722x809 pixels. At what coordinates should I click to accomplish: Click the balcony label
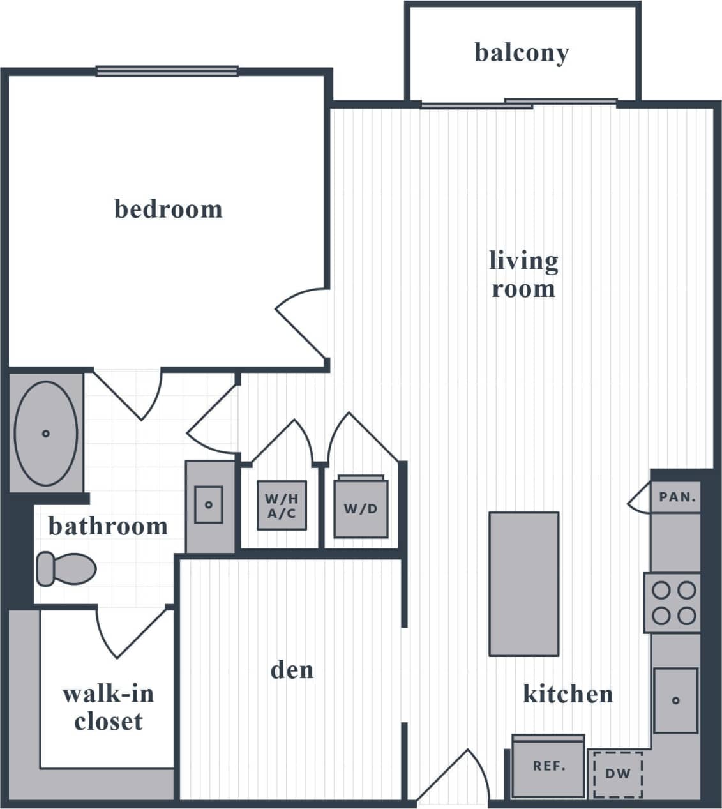(x=522, y=53)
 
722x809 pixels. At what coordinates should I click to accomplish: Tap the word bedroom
(x=168, y=209)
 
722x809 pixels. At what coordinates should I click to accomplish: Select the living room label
(x=523, y=275)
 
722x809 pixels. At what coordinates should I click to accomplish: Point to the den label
(x=292, y=670)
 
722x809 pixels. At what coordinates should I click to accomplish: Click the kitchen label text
(x=568, y=693)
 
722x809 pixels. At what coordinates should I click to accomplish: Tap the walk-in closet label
(x=108, y=707)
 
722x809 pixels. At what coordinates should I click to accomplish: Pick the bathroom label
(x=108, y=526)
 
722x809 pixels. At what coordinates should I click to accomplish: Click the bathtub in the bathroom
(x=45, y=434)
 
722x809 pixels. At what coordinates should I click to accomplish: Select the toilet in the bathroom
(x=66, y=568)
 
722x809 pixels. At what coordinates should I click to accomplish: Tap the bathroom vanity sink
(x=209, y=504)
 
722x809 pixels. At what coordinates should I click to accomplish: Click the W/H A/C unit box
(x=282, y=506)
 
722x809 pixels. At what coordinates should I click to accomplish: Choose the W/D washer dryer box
(x=361, y=508)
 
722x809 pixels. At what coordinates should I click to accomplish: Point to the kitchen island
(x=523, y=584)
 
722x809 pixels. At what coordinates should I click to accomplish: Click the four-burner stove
(x=673, y=603)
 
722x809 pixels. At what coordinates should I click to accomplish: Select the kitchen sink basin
(x=675, y=700)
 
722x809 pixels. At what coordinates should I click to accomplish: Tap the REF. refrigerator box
(x=548, y=766)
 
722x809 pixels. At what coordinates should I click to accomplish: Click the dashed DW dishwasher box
(x=617, y=774)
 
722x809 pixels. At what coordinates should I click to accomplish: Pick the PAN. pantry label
(x=677, y=497)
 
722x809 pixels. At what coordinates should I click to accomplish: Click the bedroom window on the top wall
(x=167, y=71)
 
